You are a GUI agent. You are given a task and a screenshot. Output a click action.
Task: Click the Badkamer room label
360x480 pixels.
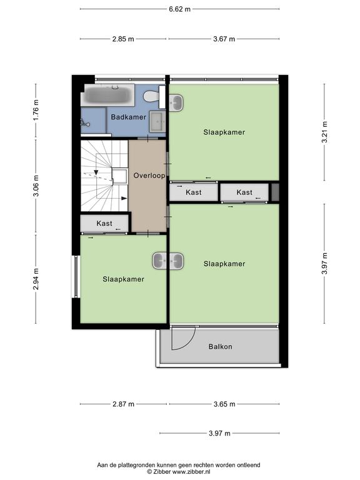[129, 117]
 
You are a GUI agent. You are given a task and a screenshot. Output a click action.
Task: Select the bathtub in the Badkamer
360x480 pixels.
[107, 95]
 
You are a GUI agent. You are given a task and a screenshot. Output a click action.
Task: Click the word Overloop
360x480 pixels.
[149, 176]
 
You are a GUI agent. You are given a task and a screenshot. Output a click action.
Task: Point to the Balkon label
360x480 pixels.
[221, 346]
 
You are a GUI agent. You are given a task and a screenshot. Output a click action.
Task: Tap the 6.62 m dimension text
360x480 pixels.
[180, 9]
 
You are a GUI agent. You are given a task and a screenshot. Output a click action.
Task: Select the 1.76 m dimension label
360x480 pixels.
[36, 110]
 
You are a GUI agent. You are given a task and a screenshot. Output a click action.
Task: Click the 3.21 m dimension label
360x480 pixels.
[324, 132]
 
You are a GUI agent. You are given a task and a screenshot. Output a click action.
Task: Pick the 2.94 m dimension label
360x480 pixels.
[36, 279]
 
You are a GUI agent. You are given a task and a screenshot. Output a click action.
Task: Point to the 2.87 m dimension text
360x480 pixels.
[123, 404]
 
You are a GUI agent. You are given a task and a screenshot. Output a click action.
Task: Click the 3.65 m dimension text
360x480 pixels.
[224, 404]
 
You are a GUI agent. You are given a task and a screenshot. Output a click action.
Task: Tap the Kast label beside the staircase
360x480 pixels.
[104, 223]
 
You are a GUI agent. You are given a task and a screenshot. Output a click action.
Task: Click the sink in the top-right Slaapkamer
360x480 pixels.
[176, 102]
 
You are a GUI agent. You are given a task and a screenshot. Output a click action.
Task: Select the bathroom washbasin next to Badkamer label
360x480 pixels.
[157, 121]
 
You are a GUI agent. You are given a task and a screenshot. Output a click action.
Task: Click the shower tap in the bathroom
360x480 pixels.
[84, 123]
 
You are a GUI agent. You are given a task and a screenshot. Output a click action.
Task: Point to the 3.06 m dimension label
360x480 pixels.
[36, 186]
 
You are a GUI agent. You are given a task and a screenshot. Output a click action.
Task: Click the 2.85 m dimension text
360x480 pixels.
[123, 39]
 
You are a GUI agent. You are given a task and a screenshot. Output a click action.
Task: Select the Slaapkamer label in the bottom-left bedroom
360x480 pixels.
[123, 279]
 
